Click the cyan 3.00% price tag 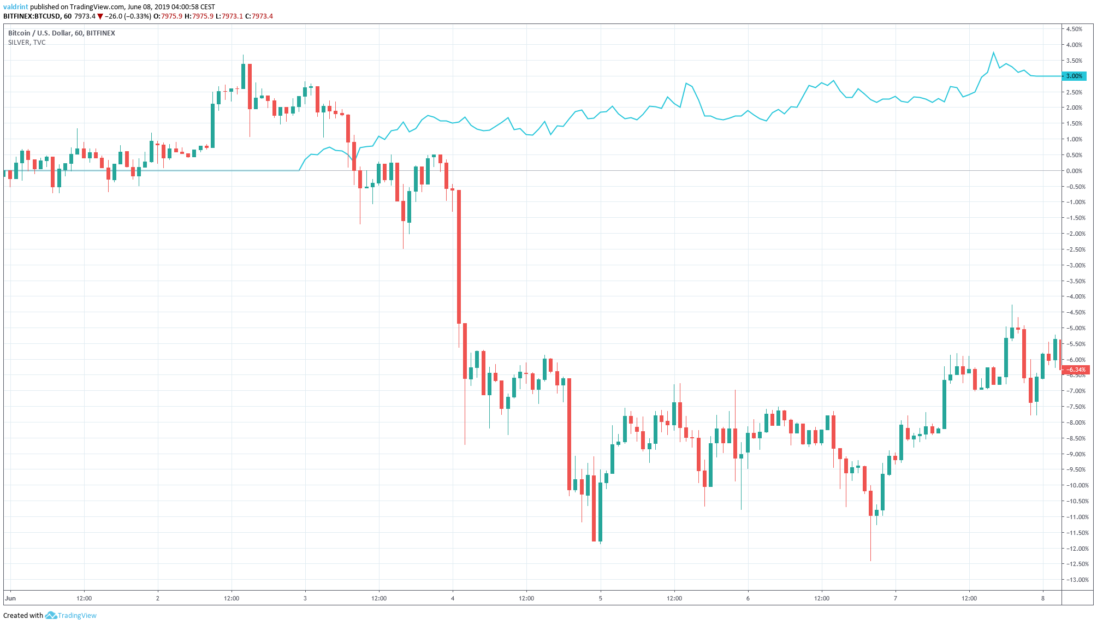(x=1074, y=76)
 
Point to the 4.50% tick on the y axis (x=1074, y=29)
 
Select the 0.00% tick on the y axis (x=1074, y=171)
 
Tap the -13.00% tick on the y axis (x=1074, y=580)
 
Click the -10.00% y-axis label (x=1074, y=485)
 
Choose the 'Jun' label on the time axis (x=10, y=598)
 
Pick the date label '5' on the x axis (x=600, y=598)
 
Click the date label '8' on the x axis (x=1042, y=598)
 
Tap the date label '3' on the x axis (x=305, y=598)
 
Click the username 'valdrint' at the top (x=15, y=7)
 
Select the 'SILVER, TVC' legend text (x=27, y=43)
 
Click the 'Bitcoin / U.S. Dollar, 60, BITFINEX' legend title (x=62, y=33)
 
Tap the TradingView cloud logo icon (x=51, y=616)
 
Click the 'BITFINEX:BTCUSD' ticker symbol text (x=32, y=16)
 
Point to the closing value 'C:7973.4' (x=259, y=16)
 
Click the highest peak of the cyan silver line (x=993, y=53)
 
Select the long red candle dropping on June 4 (x=459, y=257)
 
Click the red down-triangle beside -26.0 (x=100, y=16)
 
